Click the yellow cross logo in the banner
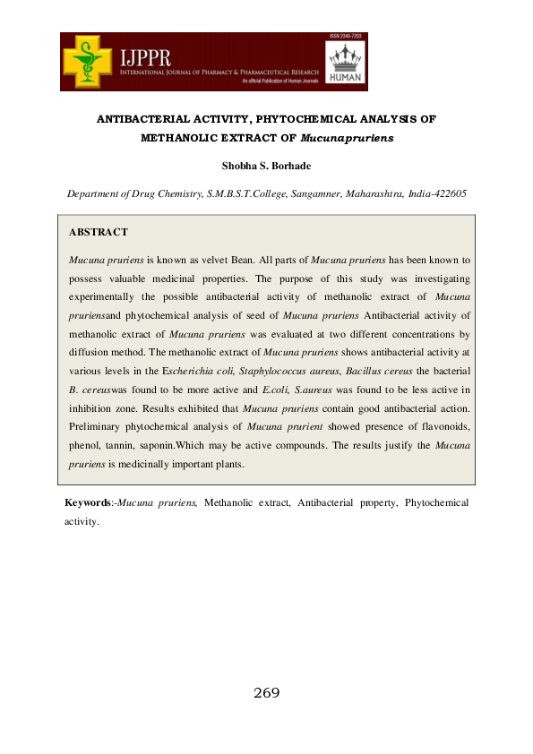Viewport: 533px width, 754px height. tap(90, 60)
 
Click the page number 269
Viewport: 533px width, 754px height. tap(267, 693)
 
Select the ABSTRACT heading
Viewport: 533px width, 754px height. tap(99, 233)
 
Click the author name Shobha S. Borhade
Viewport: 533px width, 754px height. tap(267, 167)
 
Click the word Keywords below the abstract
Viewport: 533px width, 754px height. tap(87, 503)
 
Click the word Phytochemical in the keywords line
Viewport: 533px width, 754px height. tap(436, 503)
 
